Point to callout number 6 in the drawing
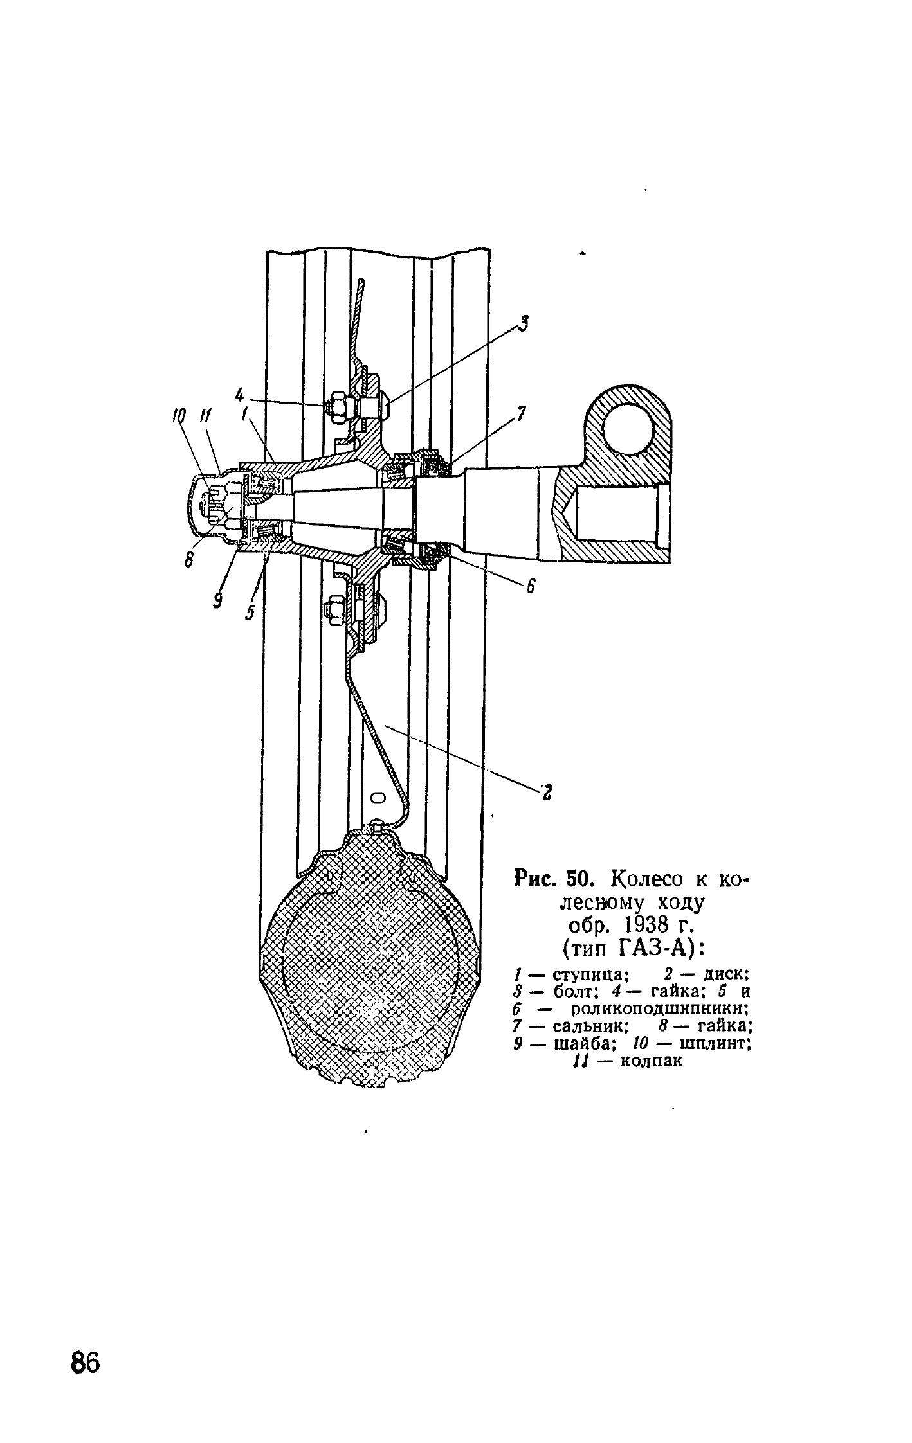[x=531, y=586]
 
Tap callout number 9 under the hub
[x=218, y=600]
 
